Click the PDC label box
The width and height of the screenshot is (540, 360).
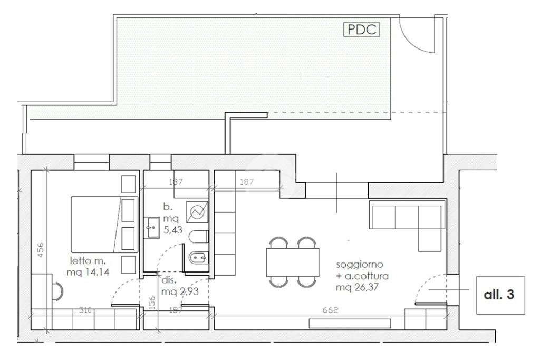[361, 30]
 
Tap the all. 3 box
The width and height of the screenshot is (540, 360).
[500, 295]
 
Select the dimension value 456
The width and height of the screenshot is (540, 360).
[41, 250]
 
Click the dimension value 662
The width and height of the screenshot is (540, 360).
[330, 310]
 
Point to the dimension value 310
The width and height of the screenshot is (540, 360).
[85, 310]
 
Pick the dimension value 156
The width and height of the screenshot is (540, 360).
[152, 303]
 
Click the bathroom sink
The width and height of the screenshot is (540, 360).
[152, 227]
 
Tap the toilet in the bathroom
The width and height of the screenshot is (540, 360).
[199, 237]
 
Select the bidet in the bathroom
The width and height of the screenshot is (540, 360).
[199, 257]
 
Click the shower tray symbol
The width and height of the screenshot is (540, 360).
[197, 212]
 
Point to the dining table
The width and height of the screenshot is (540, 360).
[292, 262]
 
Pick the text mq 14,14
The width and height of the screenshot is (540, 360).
[88, 272]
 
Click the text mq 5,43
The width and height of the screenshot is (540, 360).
[172, 224]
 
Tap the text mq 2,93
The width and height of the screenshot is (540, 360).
[180, 292]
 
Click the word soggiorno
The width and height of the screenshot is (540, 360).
[360, 265]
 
